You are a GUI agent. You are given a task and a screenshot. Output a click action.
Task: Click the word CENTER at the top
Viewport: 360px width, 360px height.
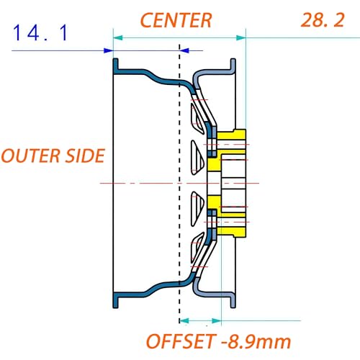[176, 20]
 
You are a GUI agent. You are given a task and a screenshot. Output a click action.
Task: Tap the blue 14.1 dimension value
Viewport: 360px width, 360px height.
[40, 33]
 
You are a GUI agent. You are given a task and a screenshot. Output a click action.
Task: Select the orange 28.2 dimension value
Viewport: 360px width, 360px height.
[323, 20]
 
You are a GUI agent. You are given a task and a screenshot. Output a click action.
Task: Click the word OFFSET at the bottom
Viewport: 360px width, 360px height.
[181, 341]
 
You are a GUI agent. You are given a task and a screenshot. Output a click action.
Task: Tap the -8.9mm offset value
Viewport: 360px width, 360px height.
[256, 341]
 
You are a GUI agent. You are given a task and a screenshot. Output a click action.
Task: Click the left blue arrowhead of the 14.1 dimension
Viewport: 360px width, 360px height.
[108, 50]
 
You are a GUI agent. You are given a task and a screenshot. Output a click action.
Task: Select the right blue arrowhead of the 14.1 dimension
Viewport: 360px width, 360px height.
[184, 50]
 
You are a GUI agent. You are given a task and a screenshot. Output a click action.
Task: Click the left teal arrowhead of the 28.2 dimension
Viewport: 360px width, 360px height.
[118, 37]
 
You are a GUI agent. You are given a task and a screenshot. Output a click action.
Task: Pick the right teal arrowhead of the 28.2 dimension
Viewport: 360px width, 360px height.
[241, 37]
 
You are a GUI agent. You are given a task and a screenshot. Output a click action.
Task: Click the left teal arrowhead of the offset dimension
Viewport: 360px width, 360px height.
[184, 320]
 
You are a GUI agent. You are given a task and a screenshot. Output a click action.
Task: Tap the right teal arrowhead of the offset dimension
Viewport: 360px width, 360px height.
[217, 320]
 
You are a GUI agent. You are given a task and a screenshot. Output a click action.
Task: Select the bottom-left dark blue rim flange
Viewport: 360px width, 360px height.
[116, 300]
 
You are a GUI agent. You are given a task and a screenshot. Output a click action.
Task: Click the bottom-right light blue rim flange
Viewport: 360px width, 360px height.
[233, 300]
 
